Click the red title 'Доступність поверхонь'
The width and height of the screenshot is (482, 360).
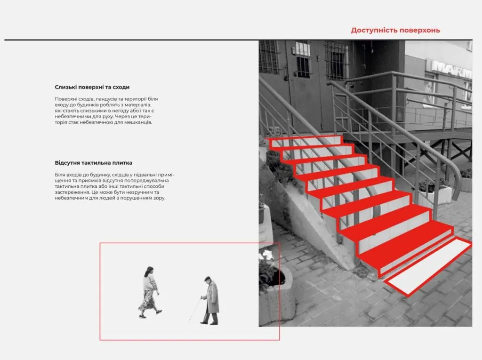pos(395,31)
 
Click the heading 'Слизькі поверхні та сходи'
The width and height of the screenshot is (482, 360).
pos(92,87)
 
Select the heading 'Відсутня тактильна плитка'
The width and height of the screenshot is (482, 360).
pos(94,163)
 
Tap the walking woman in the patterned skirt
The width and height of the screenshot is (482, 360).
pos(150,292)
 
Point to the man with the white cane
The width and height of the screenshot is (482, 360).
pos(210,300)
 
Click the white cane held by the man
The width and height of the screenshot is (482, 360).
pos(195,310)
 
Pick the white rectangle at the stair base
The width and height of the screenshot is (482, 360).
pos(427,266)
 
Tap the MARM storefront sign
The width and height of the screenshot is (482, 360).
pos(451,69)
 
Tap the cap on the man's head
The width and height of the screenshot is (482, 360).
pos(208,278)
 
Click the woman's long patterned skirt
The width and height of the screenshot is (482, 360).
pos(147,300)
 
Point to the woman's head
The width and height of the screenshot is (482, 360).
pos(149,271)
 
